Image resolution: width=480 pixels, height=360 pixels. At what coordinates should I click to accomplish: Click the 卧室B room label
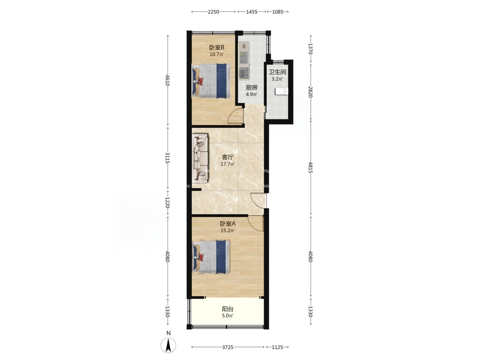(x=217, y=47)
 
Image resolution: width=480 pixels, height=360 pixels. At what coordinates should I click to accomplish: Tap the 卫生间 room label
(x=277, y=72)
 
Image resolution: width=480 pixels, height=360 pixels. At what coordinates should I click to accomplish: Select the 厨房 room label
(x=251, y=88)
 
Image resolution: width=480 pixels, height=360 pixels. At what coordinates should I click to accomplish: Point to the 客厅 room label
(x=228, y=157)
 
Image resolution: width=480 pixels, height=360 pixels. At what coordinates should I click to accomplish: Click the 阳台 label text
(x=228, y=309)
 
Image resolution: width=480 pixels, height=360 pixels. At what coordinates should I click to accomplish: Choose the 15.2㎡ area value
(x=228, y=230)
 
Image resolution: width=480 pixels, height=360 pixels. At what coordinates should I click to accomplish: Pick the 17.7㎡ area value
(x=228, y=164)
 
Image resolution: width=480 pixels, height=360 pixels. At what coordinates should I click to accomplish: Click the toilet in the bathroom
(x=281, y=92)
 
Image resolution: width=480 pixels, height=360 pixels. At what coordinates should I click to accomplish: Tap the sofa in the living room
(x=200, y=158)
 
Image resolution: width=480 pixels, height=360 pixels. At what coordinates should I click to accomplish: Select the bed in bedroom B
(x=211, y=81)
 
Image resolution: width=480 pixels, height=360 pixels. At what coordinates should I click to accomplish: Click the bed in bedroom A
(x=211, y=257)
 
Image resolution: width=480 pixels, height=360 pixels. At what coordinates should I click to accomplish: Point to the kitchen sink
(x=244, y=73)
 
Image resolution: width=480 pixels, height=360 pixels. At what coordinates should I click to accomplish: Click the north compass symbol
(x=168, y=345)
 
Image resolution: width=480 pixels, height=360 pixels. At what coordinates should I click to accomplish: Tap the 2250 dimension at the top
(x=213, y=12)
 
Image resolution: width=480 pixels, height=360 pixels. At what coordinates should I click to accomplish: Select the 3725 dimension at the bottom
(x=228, y=347)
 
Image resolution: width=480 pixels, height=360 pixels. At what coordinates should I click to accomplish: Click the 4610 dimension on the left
(x=168, y=81)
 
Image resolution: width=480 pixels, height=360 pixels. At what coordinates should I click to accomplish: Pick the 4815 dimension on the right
(x=311, y=167)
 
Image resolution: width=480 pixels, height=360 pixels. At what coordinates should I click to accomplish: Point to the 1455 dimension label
(x=252, y=12)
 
